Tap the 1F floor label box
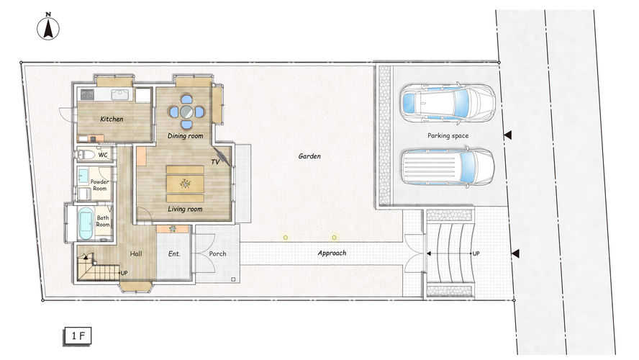(78, 336)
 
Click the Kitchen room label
(112, 119)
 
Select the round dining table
(186, 112)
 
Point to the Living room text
(185, 209)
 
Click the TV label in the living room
(215, 162)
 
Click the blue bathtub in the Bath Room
(86, 223)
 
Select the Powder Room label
(99, 185)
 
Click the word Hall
(136, 253)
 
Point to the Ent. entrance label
(174, 253)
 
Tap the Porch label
(217, 253)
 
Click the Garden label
(309, 156)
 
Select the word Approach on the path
(332, 253)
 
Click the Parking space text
(448, 136)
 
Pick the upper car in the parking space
(448, 102)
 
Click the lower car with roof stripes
(448, 167)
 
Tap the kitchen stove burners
(87, 95)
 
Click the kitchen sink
(119, 95)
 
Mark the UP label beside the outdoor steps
(476, 253)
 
